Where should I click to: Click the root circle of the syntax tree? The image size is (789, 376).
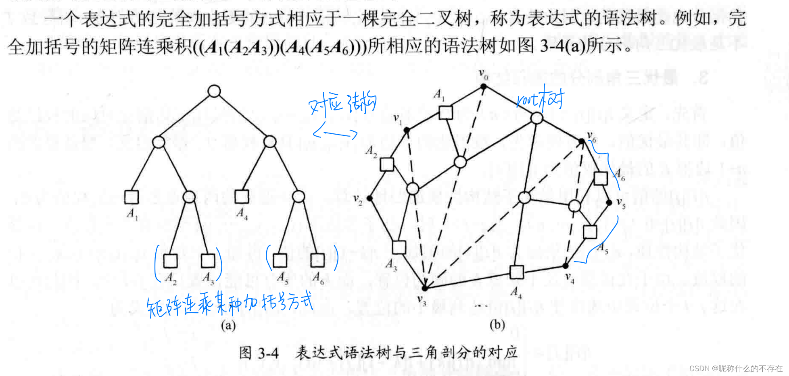(x=214, y=91)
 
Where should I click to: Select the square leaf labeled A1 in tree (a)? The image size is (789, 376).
(x=131, y=197)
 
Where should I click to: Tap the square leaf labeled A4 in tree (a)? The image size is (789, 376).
(x=242, y=196)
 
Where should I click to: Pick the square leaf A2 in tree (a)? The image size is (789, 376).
(x=170, y=260)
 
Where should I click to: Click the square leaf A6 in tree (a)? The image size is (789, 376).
(x=317, y=260)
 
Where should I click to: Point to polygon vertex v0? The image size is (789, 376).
(x=484, y=86)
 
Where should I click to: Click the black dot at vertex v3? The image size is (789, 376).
(x=425, y=288)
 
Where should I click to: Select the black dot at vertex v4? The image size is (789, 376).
(x=566, y=266)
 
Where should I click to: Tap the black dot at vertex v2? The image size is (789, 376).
(x=369, y=198)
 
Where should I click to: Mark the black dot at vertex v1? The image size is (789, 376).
(x=407, y=130)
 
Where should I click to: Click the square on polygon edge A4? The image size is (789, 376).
(x=517, y=272)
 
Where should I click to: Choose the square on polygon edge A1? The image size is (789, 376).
(x=446, y=112)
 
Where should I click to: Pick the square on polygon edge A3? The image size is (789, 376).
(x=399, y=247)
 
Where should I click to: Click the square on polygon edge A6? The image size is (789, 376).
(x=601, y=178)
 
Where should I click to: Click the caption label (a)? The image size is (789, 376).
(x=228, y=325)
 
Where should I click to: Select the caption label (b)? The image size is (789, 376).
(x=497, y=324)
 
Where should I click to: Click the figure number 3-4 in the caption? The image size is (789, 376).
(x=268, y=353)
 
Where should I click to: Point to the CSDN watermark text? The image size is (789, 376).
(x=735, y=368)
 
